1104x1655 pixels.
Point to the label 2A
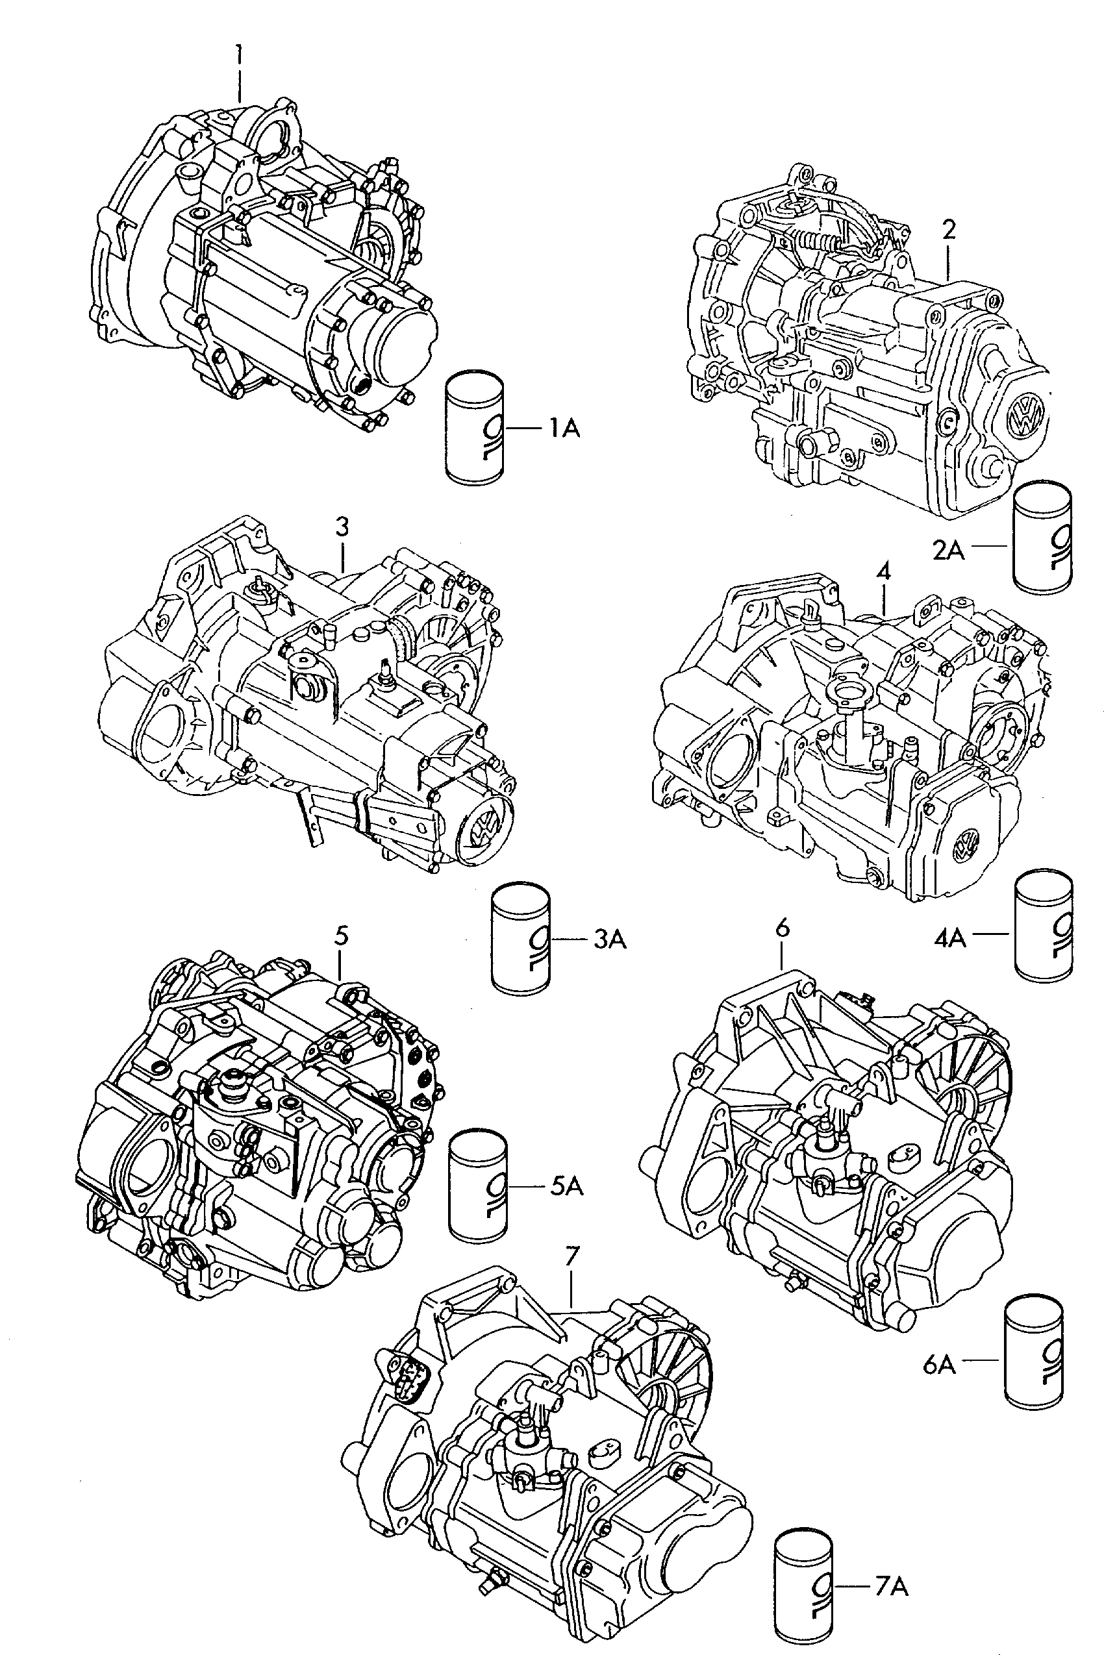948,550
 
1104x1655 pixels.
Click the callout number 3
342,527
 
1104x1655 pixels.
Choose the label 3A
609,939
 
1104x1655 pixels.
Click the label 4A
950,938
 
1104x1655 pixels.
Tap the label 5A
567,1187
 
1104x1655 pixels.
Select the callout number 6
783,928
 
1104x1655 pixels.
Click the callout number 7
571,1256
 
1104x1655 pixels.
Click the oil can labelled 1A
475,428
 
